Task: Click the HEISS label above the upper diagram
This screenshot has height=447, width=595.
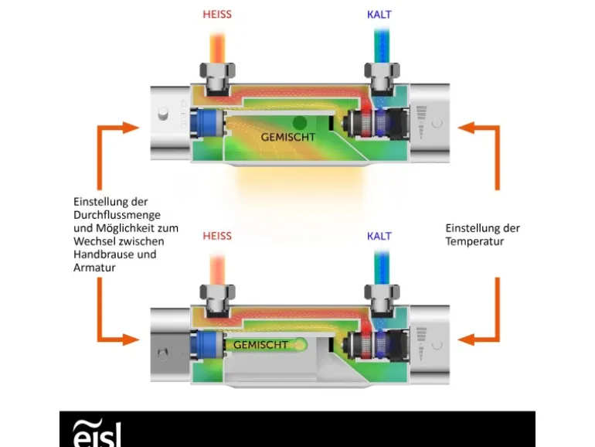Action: [x=217, y=15]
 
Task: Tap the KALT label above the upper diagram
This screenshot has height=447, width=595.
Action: [x=379, y=15]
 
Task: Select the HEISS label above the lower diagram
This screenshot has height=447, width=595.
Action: [x=217, y=236]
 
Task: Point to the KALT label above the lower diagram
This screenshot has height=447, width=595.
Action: [x=379, y=236]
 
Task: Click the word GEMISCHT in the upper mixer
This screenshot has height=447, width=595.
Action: [x=287, y=137]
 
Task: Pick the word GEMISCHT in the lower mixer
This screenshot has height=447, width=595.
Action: [x=260, y=345]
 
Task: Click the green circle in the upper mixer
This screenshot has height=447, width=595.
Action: [x=300, y=121]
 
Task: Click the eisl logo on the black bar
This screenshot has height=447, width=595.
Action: [x=96, y=433]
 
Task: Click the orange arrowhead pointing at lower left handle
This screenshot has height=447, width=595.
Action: [x=131, y=338]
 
